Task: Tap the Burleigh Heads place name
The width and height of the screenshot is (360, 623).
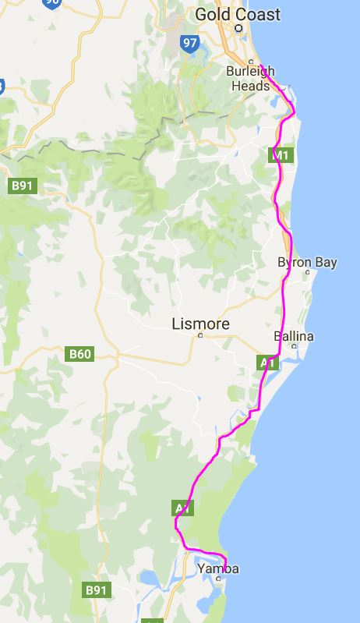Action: click(250, 79)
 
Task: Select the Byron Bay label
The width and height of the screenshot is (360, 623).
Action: click(307, 262)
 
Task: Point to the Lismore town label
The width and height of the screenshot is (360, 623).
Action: click(200, 322)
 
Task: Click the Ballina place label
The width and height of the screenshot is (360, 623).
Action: click(294, 336)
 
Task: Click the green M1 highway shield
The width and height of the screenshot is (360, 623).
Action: click(281, 156)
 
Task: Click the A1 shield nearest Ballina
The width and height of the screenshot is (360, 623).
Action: click(267, 363)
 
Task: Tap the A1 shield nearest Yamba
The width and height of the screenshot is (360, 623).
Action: click(182, 508)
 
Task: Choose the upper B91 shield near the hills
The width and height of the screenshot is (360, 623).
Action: click(24, 186)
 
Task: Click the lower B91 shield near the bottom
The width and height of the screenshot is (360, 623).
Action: click(95, 590)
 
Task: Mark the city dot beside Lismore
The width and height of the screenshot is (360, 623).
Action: click(200, 335)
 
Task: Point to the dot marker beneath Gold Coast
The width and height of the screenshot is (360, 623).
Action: click(239, 28)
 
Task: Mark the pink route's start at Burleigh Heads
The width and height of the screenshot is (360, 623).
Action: click(260, 67)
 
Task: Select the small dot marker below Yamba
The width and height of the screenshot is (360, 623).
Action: click(218, 579)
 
